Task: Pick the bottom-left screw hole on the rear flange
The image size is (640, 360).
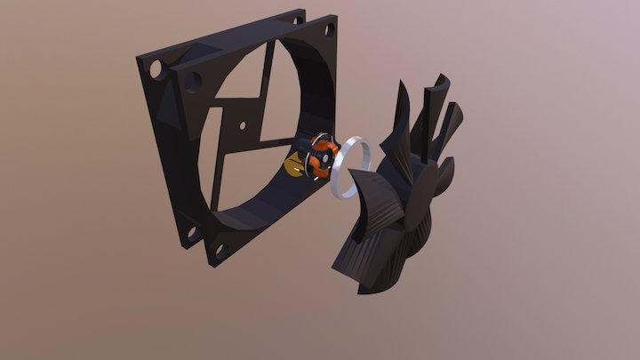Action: (188, 234)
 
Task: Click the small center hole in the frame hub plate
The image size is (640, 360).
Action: (238, 119)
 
